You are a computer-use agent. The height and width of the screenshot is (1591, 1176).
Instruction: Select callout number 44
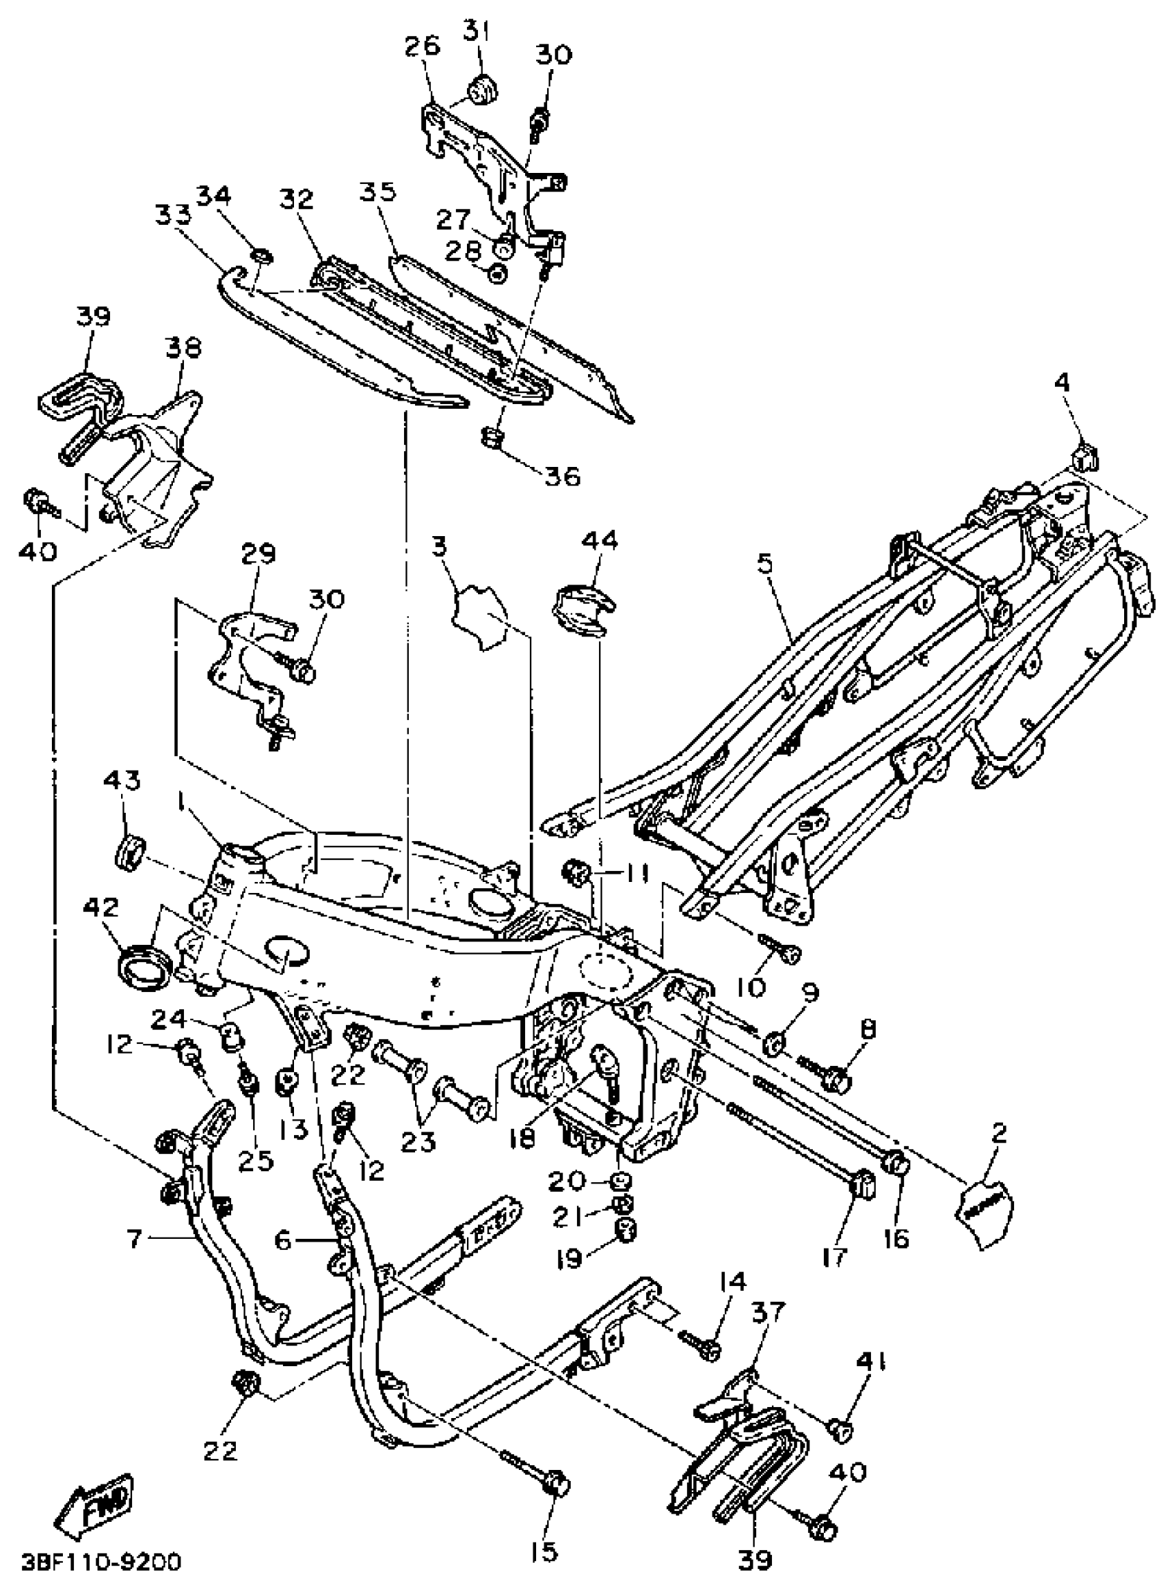coord(600,540)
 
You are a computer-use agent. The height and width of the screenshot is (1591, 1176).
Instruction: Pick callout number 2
coord(999,1133)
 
